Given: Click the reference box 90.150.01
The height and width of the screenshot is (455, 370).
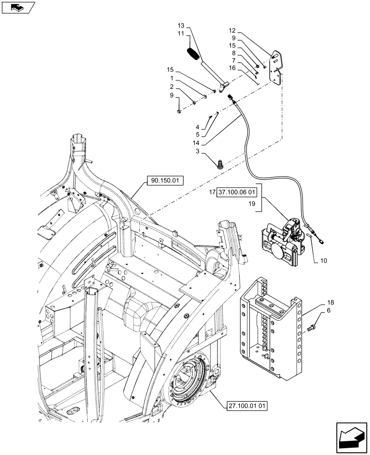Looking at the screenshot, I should (x=164, y=181).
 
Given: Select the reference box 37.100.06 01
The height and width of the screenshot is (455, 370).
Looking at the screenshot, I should (x=237, y=192).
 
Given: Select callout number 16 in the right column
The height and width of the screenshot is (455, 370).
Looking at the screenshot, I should (x=232, y=68).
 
